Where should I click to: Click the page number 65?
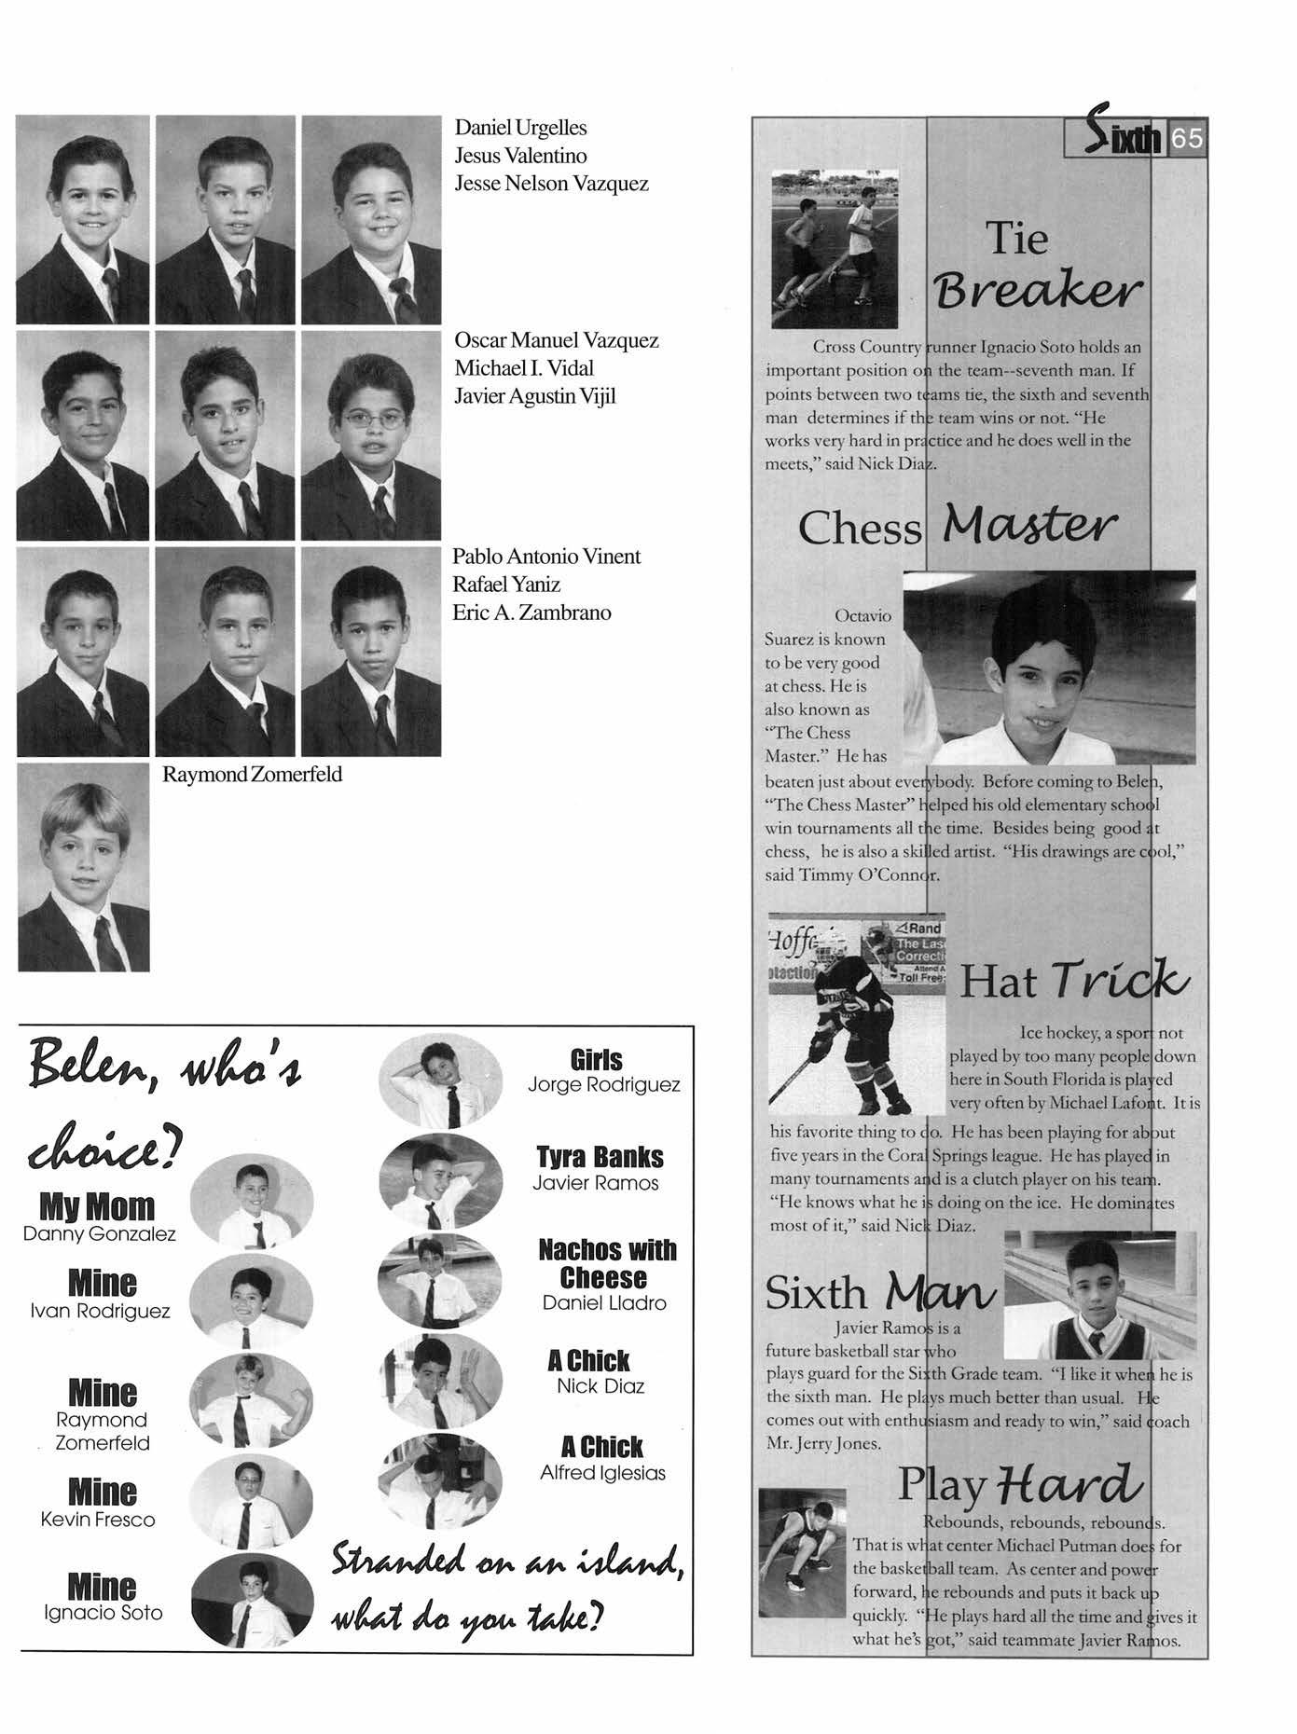point(1187,139)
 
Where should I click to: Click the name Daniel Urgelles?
point(520,128)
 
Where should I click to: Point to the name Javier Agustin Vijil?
point(535,396)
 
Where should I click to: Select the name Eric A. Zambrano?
point(531,612)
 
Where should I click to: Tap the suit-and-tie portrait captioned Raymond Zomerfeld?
point(83,868)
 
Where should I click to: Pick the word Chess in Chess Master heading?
point(859,529)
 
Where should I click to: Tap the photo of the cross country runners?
point(835,248)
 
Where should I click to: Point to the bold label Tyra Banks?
point(600,1157)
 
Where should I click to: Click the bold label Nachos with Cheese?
point(607,1263)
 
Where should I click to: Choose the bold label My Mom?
point(97,1207)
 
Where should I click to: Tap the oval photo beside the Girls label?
point(439,1081)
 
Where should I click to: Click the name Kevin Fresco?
point(98,1520)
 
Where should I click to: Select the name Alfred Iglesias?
point(603,1473)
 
